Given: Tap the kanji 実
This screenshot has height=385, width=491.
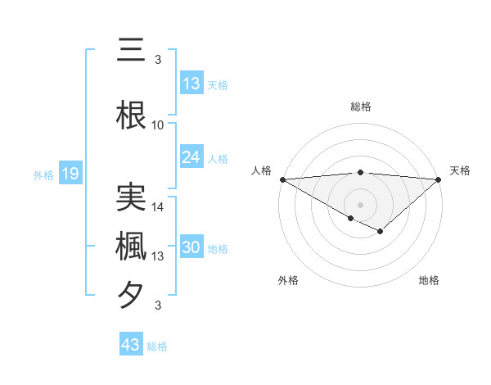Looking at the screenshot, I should [x=131, y=196].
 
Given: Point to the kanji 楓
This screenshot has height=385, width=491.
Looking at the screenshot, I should [x=131, y=245].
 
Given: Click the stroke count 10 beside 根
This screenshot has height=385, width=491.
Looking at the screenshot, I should [x=158, y=125].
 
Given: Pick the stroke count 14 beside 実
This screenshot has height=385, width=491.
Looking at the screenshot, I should [x=158, y=208].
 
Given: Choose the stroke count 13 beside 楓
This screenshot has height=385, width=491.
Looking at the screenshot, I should [x=158, y=256].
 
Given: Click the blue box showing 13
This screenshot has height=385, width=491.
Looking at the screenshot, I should [x=191, y=84].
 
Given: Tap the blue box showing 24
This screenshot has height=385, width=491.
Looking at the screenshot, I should [x=191, y=157].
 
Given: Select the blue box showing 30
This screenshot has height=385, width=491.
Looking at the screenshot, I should [x=191, y=248].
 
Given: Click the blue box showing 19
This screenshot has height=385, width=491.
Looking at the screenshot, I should [x=70, y=174].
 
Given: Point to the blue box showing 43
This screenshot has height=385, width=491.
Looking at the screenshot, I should [x=131, y=345].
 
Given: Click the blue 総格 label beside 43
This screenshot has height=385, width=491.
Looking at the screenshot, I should [x=157, y=346].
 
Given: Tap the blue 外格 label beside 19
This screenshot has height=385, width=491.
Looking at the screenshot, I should [x=43, y=174].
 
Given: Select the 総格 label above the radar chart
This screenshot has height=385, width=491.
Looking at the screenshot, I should [x=360, y=106].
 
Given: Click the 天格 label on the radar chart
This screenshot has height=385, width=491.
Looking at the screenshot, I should [x=460, y=170].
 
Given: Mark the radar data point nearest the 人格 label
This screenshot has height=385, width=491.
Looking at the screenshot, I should [x=282, y=179].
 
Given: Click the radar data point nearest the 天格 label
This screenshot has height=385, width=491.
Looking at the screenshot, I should [x=438, y=179].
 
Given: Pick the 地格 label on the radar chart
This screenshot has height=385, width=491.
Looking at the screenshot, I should [x=429, y=280].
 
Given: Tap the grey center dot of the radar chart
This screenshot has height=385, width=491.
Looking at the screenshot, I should [x=360, y=204].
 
